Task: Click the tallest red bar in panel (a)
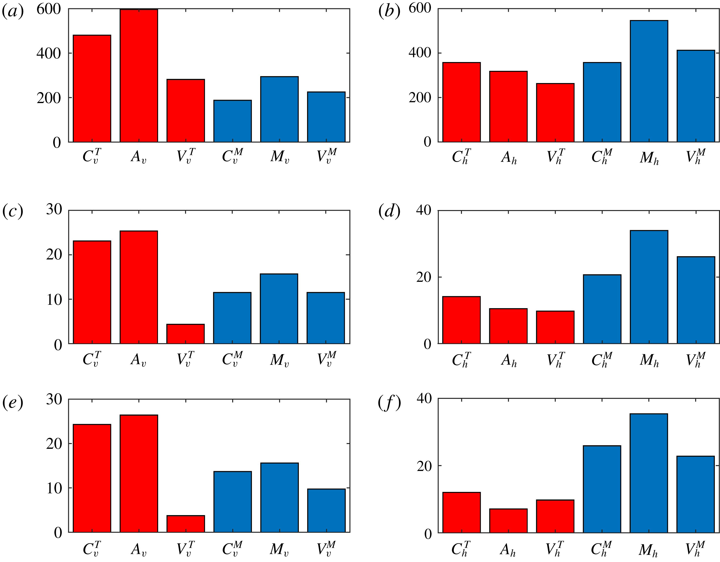pyautogui.click(x=139, y=76)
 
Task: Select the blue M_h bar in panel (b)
pyautogui.click(x=649, y=81)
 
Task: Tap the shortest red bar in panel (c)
pyautogui.click(x=185, y=334)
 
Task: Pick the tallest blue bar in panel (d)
pyautogui.click(x=649, y=287)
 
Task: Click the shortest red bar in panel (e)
pyautogui.click(x=186, y=524)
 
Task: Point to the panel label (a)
pyautogui.click(x=13, y=12)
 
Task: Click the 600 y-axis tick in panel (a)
pyautogui.click(x=49, y=9)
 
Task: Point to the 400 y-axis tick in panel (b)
pyautogui.click(x=420, y=53)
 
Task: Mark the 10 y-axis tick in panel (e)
pyautogui.click(x=54, y=488)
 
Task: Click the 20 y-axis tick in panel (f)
pyautogui.click(x=424, y=466)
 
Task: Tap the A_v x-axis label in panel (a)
pyautogui.click(x=138, y=156)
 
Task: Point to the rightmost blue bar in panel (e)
pyautogui.click(x=326, y=510)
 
